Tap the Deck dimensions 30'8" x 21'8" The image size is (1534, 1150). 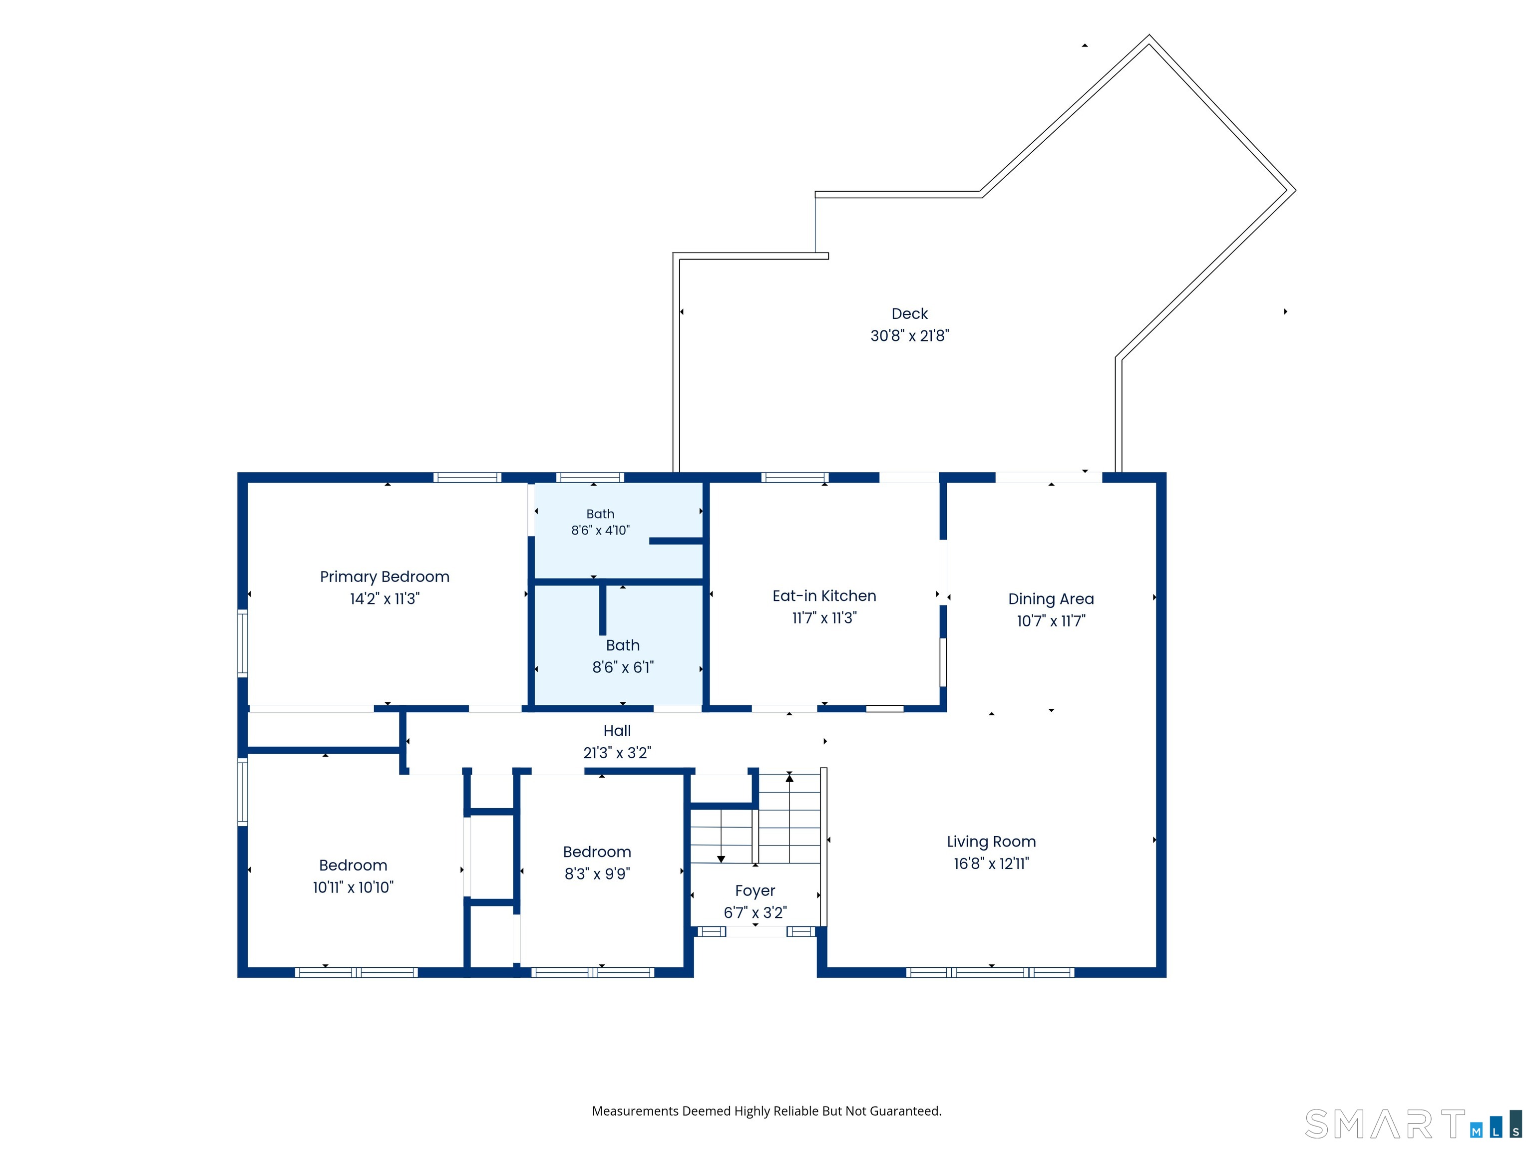point(909,335)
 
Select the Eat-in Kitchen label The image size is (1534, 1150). point(824,595)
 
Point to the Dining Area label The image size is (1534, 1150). point(1051,599)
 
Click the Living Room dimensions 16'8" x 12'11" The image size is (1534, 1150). point(991,863)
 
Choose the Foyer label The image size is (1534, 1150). point(755,891)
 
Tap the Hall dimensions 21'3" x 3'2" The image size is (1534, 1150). point(617,752)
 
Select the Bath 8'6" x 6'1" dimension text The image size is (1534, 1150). point(622,667)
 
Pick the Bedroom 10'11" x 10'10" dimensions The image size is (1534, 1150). point(353,887)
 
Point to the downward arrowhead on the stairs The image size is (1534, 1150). point(721,859)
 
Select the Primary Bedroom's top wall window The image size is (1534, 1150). point(467,477)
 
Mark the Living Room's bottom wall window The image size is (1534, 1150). point(990,972)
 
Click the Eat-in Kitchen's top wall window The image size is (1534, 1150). point(795,477)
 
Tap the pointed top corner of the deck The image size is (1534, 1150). point(1149,35)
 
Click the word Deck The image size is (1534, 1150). point(909,314)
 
